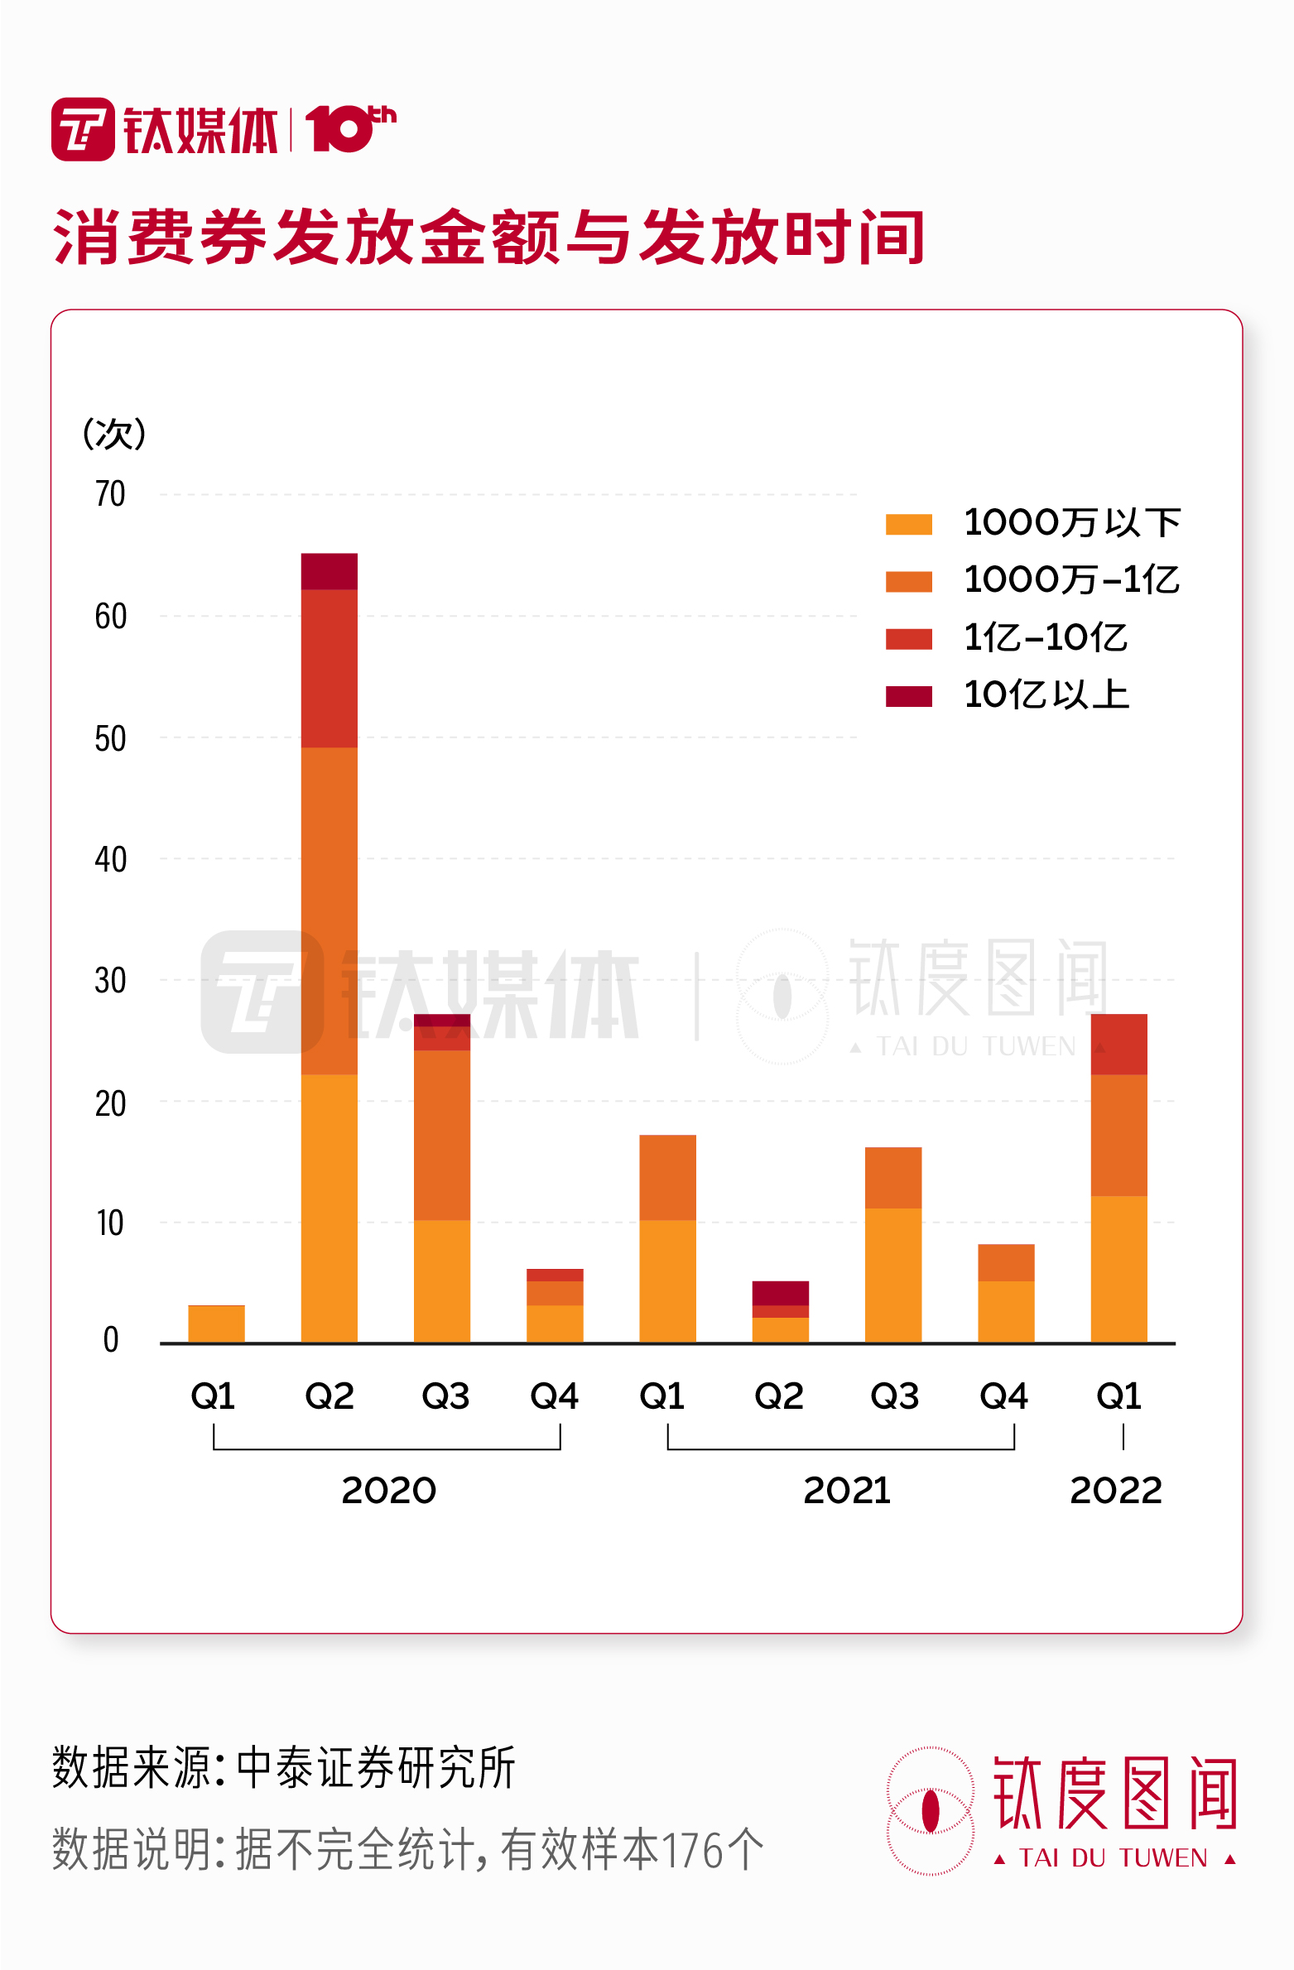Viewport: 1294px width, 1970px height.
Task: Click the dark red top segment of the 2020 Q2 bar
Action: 329,571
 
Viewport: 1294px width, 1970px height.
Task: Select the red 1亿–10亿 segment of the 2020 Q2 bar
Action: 329,668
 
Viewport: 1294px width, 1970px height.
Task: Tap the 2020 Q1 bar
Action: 216,1324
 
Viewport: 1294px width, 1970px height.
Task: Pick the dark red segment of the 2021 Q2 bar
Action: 780,1293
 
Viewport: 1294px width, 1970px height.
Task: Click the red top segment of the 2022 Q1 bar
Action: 1118,1044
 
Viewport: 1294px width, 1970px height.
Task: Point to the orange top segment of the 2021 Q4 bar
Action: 1006,1262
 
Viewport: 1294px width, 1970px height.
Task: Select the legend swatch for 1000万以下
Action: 908,524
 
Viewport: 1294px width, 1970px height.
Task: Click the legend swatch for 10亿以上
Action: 908,696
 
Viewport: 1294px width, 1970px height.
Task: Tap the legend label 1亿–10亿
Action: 1046,638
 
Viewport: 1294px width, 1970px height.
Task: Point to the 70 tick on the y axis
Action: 110,494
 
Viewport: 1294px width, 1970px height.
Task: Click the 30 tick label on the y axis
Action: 110,981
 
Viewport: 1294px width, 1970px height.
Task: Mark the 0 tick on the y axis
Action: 111,1339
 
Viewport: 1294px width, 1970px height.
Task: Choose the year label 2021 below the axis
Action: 846,1491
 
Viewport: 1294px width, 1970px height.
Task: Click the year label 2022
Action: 1116,1491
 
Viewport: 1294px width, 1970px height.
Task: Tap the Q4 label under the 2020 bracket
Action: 554,1396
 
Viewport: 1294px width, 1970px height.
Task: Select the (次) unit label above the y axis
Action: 114,434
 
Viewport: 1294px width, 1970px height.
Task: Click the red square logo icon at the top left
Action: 83,129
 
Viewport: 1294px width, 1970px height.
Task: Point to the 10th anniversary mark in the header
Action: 350,128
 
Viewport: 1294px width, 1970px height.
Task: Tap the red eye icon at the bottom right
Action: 931,1810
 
